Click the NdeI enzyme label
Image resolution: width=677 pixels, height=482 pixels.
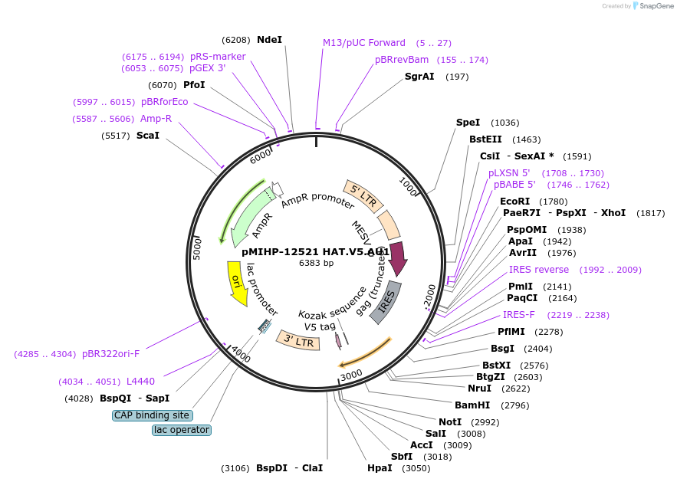[269, 40]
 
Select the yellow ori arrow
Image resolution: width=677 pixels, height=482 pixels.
[237, 281]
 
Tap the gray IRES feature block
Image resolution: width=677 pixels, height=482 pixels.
[386, 301]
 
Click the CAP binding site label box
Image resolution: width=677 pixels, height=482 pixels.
[153, 415]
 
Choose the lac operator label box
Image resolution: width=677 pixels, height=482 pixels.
[182, 430]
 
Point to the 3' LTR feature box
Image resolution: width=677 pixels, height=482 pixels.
[297, 341]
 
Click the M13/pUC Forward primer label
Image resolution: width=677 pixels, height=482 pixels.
[364, 43]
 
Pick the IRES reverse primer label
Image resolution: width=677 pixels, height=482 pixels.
[539, 270]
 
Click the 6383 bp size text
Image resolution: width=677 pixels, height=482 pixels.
[316, 263]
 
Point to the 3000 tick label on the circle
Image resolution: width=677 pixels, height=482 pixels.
[352, 375]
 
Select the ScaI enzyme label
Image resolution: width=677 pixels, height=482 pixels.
[148, 136]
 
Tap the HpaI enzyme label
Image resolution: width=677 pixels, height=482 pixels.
[380, 467]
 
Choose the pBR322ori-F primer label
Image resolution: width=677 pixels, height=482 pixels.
[111, 354]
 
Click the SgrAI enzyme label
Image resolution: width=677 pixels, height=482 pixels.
[419, 77]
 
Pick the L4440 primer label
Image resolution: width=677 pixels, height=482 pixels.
[140, 382]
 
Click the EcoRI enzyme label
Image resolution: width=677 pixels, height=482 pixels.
[515, 202]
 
